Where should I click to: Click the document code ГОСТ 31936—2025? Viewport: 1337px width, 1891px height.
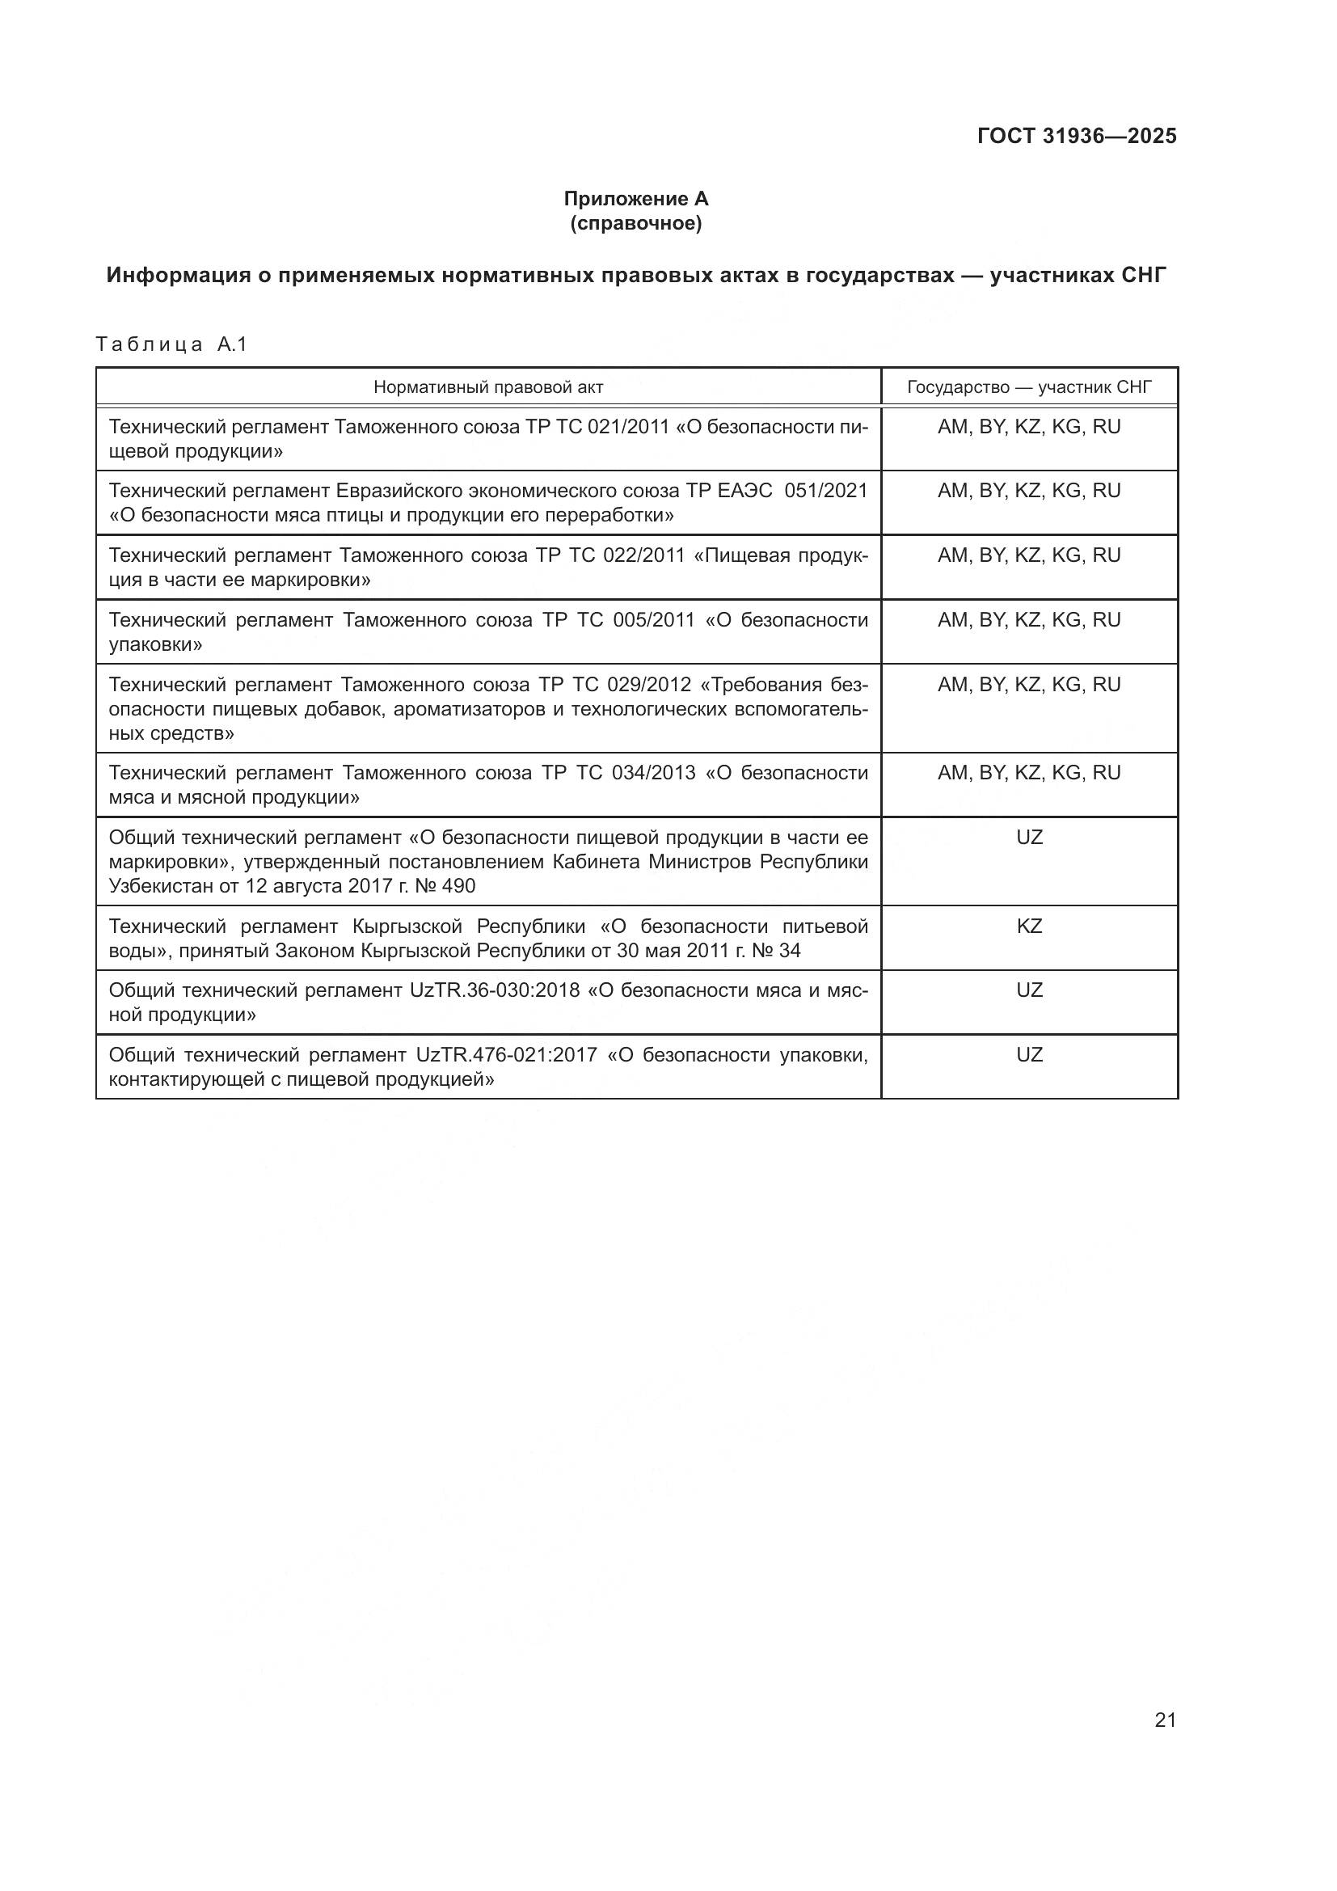(1077, 137)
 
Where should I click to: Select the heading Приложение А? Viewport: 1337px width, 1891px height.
(635, 199)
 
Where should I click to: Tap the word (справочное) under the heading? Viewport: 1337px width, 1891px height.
(635, 223)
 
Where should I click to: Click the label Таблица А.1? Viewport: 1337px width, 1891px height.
(171, 344)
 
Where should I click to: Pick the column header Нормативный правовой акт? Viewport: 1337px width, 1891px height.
(488, 387)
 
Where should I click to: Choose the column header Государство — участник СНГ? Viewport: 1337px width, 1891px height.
(1029, 387)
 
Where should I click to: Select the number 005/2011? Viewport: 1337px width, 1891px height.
(654, 620)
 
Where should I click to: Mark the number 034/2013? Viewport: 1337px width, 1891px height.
(654, 774)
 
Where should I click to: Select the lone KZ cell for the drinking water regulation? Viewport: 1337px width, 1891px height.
(1029, 927)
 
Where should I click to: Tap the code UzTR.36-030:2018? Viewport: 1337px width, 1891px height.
(495, 991)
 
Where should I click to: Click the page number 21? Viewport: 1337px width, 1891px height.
(1165, 1720)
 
